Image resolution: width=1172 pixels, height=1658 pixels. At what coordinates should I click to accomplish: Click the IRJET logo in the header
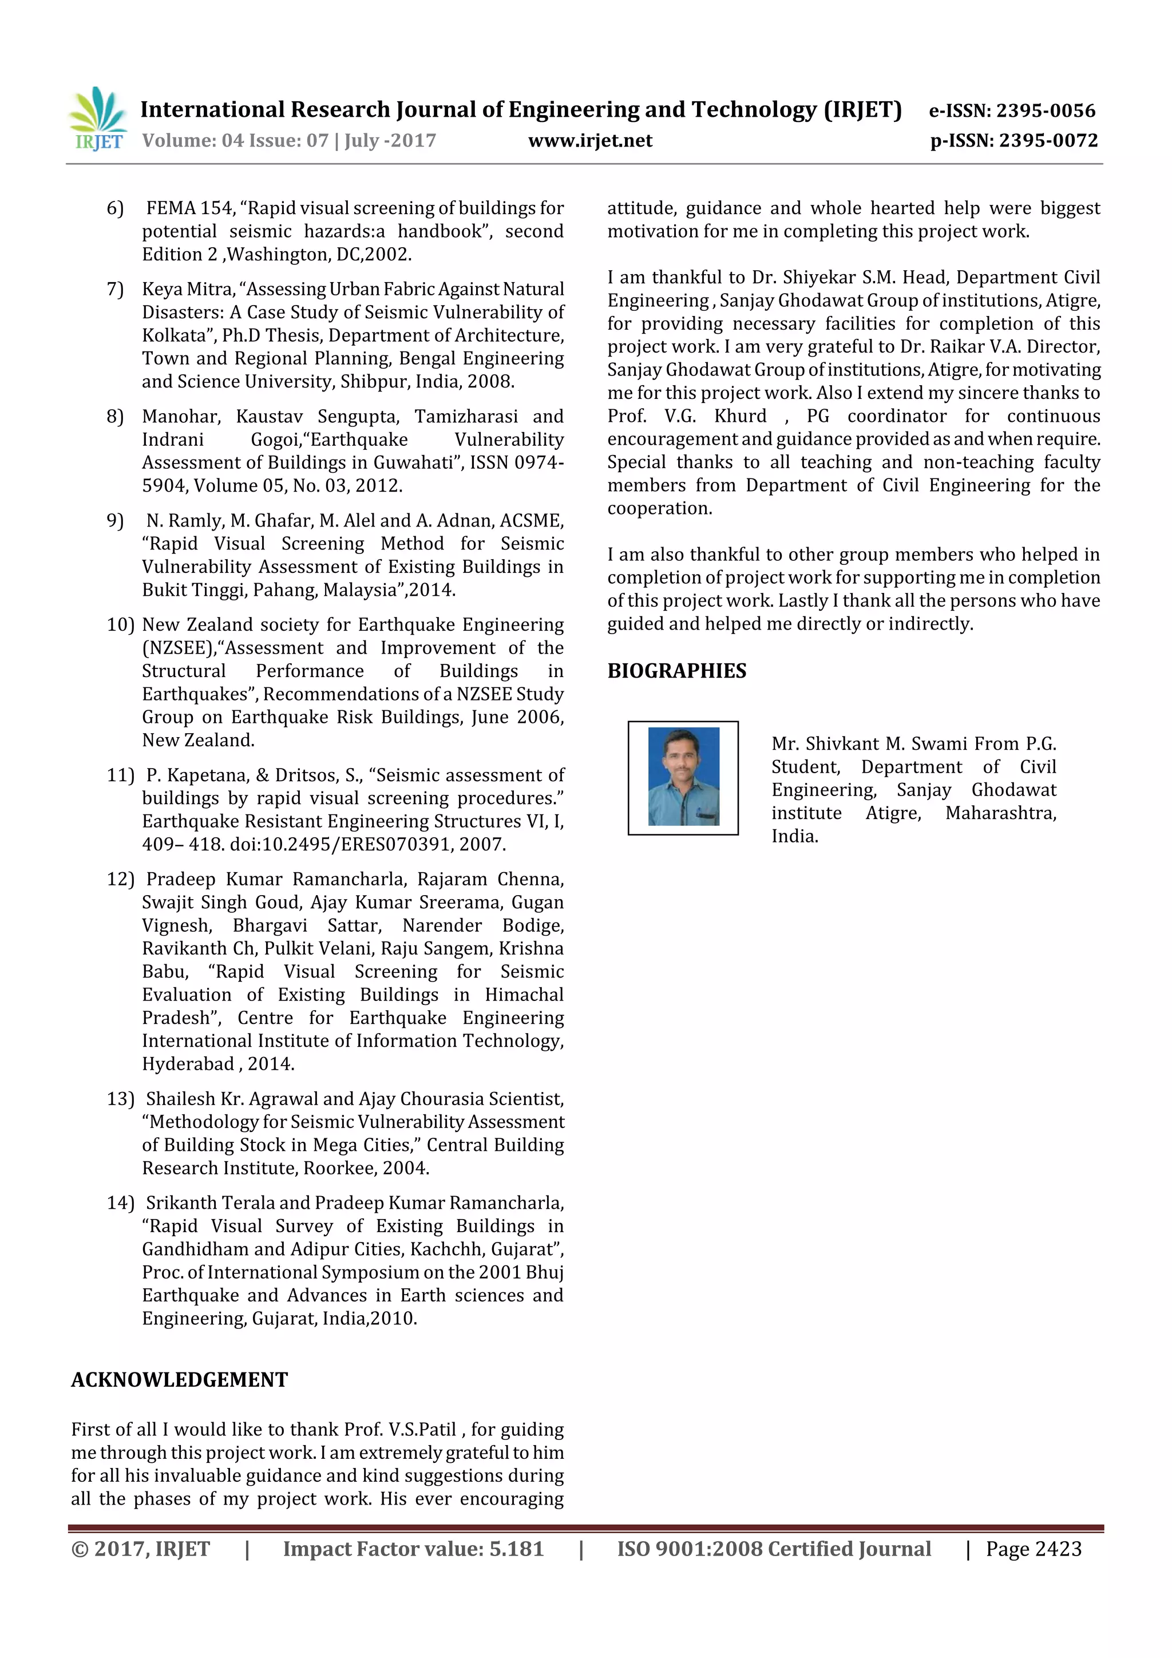pos(97,119)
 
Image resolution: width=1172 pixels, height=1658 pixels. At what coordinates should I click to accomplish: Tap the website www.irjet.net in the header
pos(590,141)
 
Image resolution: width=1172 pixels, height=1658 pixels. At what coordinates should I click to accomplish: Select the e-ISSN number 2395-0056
pos(1046,110)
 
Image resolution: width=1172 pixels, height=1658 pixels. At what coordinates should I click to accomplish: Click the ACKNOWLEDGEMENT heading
pos(179,1379)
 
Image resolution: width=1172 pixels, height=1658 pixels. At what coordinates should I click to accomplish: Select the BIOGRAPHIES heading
pos(676,671)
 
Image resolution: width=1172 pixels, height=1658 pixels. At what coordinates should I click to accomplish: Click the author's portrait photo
pos(683,777)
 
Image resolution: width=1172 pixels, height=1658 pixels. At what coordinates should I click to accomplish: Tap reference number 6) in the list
pos(116,209)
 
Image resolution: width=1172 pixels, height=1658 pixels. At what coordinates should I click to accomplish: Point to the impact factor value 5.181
pos(516,1549)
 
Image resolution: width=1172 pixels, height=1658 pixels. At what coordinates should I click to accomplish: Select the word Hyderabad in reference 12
pos(188,1065)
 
